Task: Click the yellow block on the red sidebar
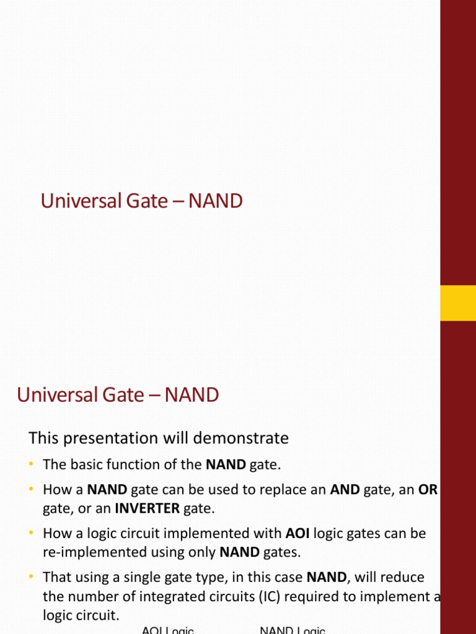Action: (457, 303)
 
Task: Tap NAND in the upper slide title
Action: (216, 201)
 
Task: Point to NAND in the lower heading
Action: (193, 394)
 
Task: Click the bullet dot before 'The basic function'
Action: (32, 464)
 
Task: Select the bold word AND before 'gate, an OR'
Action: (345, 490)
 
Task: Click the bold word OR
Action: (428, 490)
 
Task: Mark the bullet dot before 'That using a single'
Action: (32, 577)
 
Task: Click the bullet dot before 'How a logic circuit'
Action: (32, 533)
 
